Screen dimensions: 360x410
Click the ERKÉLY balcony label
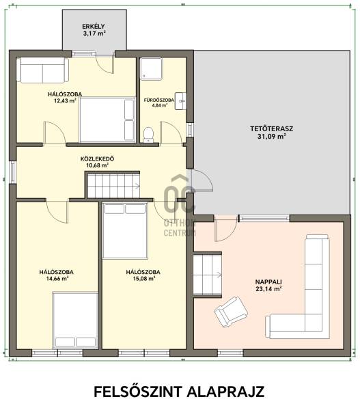pyautogui.click(x=94, y=27)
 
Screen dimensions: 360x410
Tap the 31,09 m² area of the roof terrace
pyautogui.click(x=271, y=136)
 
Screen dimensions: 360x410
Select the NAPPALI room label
pyautogui.click(x=268, y=282)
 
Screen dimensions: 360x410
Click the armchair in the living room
pyautogui.click(x=231, y=311)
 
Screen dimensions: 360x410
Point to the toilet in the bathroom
pyautogui.click(x=148, y=135)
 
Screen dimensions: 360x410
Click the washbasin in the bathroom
pyautogui.click(x=180, y=101)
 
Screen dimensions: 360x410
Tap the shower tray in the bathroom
pyautogui.click(x=152, y=68)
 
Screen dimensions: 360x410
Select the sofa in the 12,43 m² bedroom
pyautogui.click(x=42, y=70)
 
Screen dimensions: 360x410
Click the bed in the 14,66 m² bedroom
pyautogui.click(x=75, y=320)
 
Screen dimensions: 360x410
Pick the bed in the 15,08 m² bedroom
pyautogui.click(x=125, y=230)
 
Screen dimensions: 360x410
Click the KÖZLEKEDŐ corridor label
pyautogui.click(x=97, y=159)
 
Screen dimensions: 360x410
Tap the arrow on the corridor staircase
pyautogui.click(x=137, y=186)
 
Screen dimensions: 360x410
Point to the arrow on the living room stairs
pyautogui.click(x=219, y=274)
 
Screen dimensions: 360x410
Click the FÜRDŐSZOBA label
pyautogui.click(x=159, y=100)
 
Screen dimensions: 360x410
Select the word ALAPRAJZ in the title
pyautogui.click(x=225, y=392)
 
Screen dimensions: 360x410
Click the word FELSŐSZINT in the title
pyautogui.click(x=138, y=392)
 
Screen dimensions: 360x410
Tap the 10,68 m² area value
pyautogui.click(x=97, y=165)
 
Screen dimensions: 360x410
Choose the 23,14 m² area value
pyautogui.click(x=268, y=288)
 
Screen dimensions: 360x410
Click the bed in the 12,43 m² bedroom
pyautogui.click(x=107, y=120)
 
